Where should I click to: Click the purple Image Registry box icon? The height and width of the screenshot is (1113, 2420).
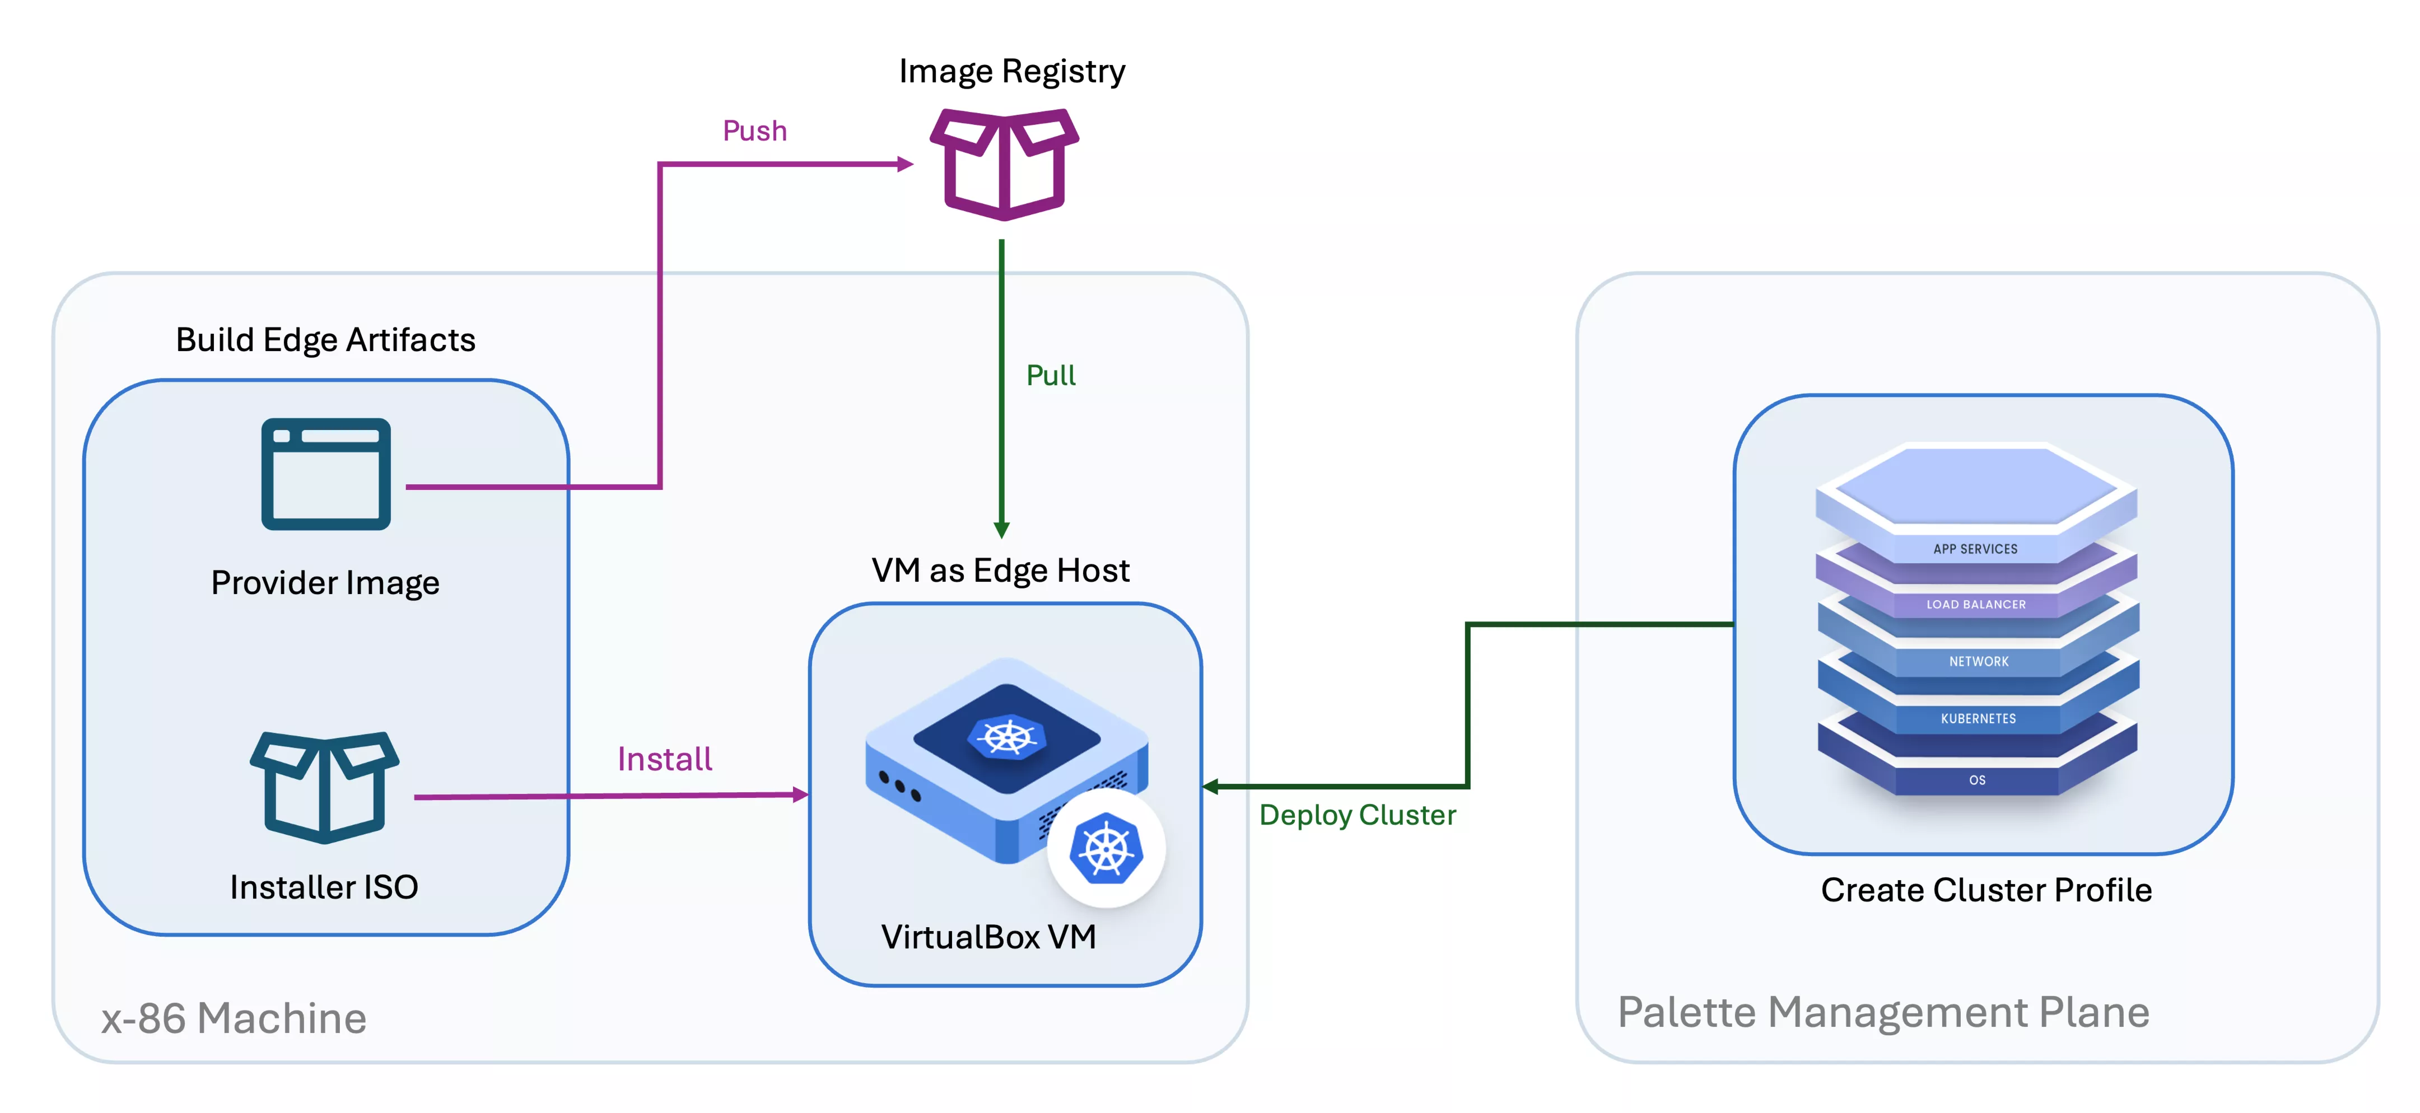point(1003,165)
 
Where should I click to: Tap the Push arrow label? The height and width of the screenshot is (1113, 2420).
point(754,130)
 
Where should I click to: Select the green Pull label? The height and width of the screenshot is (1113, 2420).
point(1050,376)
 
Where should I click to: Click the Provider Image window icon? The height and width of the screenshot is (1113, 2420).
point(326,474)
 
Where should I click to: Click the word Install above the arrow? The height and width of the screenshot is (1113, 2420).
point(664,759)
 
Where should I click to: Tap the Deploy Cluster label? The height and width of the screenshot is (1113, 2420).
point(1356,815)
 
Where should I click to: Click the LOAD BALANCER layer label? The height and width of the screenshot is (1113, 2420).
point(1976,604)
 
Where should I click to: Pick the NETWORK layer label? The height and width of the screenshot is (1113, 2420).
point(1978,661)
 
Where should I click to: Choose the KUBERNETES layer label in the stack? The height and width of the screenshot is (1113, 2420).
point(1978,718)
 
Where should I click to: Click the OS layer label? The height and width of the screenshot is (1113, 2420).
point(1976,779)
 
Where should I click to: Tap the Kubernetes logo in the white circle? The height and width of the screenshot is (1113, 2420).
point(1106,848)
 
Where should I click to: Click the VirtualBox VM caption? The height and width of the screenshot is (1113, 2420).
point(988,937)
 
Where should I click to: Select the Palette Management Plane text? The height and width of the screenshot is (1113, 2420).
point(1883,1012)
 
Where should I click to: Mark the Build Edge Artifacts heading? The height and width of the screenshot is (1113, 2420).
point(325,339)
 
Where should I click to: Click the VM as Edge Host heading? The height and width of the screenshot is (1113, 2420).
point(1000,570)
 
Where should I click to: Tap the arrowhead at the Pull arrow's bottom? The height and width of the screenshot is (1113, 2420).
point(1001,530)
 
